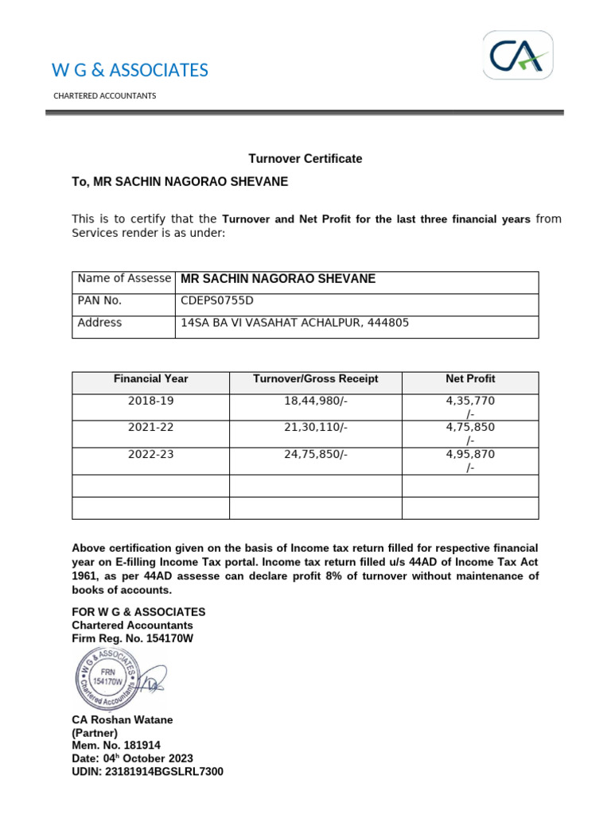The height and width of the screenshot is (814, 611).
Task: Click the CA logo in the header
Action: coord(519,56)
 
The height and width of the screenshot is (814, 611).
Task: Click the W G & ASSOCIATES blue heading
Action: coord(130,71)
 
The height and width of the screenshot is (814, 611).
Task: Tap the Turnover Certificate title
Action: coord(305,159)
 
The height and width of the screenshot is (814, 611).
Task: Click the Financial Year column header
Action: coord(151,379)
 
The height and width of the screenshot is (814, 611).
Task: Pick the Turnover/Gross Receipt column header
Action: coord(316,379)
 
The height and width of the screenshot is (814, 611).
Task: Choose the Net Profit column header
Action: coord(470,379)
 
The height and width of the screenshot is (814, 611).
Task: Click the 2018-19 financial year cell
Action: coord(151,401)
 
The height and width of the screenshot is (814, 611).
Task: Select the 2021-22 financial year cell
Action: coord(151,428)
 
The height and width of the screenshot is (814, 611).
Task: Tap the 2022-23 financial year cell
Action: coord(151,455)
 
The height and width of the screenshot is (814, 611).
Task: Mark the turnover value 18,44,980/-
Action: coord(316,401)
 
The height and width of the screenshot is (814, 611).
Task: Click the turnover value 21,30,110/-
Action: coord(316,428)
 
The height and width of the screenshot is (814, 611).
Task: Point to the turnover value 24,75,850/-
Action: coord(316,455)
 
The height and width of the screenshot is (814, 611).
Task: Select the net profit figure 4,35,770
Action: coord(470,401)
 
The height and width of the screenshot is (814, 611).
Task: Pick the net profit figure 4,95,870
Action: coord(470,455)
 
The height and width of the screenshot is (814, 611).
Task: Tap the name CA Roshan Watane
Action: coord(123,720)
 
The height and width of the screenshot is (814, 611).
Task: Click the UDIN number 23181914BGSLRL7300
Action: coord(148,771)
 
